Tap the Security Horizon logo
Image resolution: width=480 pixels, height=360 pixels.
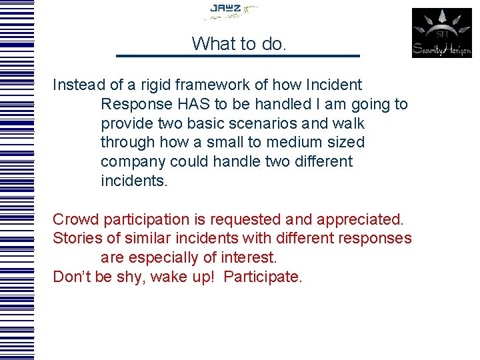[441, 33]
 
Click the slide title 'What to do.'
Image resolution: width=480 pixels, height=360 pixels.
[239, 44]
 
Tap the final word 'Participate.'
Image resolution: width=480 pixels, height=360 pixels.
[263, 277]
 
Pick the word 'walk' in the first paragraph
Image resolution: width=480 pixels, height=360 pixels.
[350, 124]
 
